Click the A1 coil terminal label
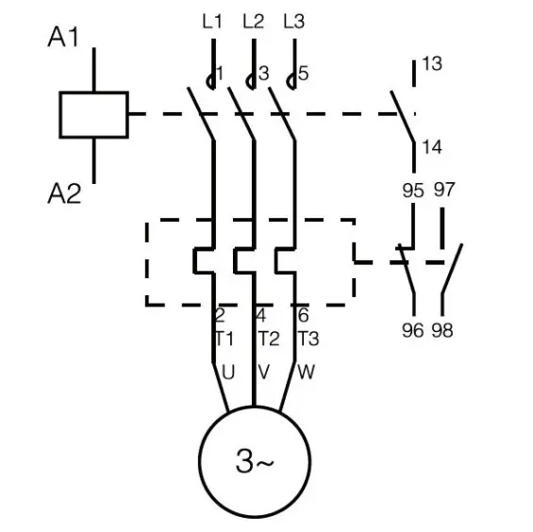[x=63, y=37]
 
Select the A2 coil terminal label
[x=64, y=193]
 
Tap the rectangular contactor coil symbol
[x=93, y=114]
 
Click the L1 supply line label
[x=212, y=21]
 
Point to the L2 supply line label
[x=253, y=21]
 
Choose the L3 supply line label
[x=294, y=21]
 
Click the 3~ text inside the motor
[x=255, y=461]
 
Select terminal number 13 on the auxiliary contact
[x=432, y=63]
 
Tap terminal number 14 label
[x=432, y=147]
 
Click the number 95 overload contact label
[x=413, y=190]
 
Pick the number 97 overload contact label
[x=444, y=190]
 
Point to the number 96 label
[x=412, y=330]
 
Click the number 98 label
[x=442, y=330]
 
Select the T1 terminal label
[x=225, y=339]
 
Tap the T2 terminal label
[x=269, y=339]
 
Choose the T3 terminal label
[x=308, y=339]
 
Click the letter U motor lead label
[x=228, y=372]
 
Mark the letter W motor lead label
[x=306, y=372]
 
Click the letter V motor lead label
[x=264, y=372]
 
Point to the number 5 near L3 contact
[x=303, y=74]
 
